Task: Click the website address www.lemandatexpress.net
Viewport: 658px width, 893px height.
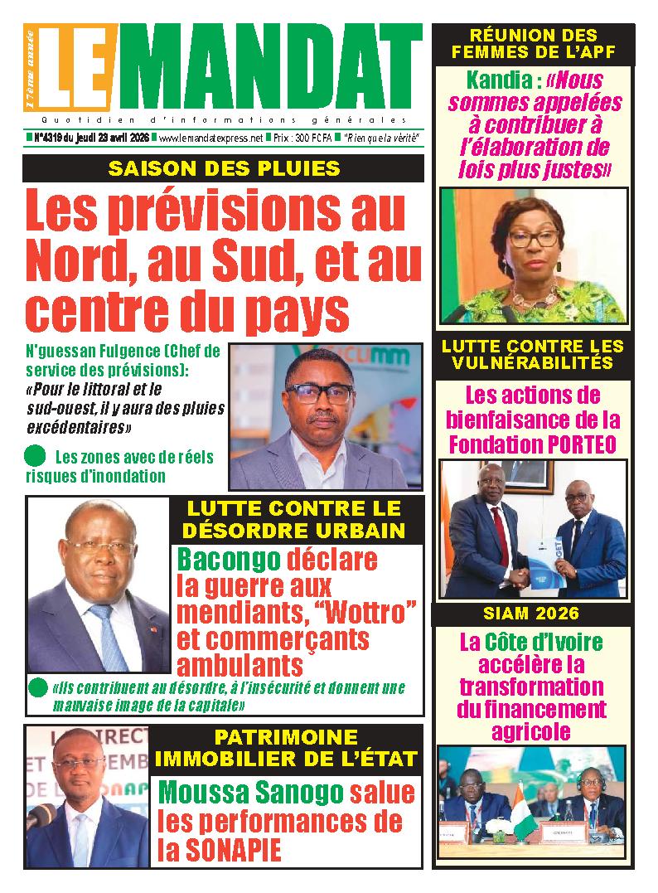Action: (210, 138)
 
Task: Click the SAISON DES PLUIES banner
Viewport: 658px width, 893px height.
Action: (224, 168)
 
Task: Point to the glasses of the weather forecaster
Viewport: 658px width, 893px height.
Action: (319, 393)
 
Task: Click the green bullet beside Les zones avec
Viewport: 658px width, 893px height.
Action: (34, 455)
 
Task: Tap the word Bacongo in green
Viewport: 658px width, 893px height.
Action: (228, 561)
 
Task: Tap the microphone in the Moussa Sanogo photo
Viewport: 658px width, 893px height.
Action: (39, 817)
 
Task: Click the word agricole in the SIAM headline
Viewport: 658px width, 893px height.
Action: (531, 731)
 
